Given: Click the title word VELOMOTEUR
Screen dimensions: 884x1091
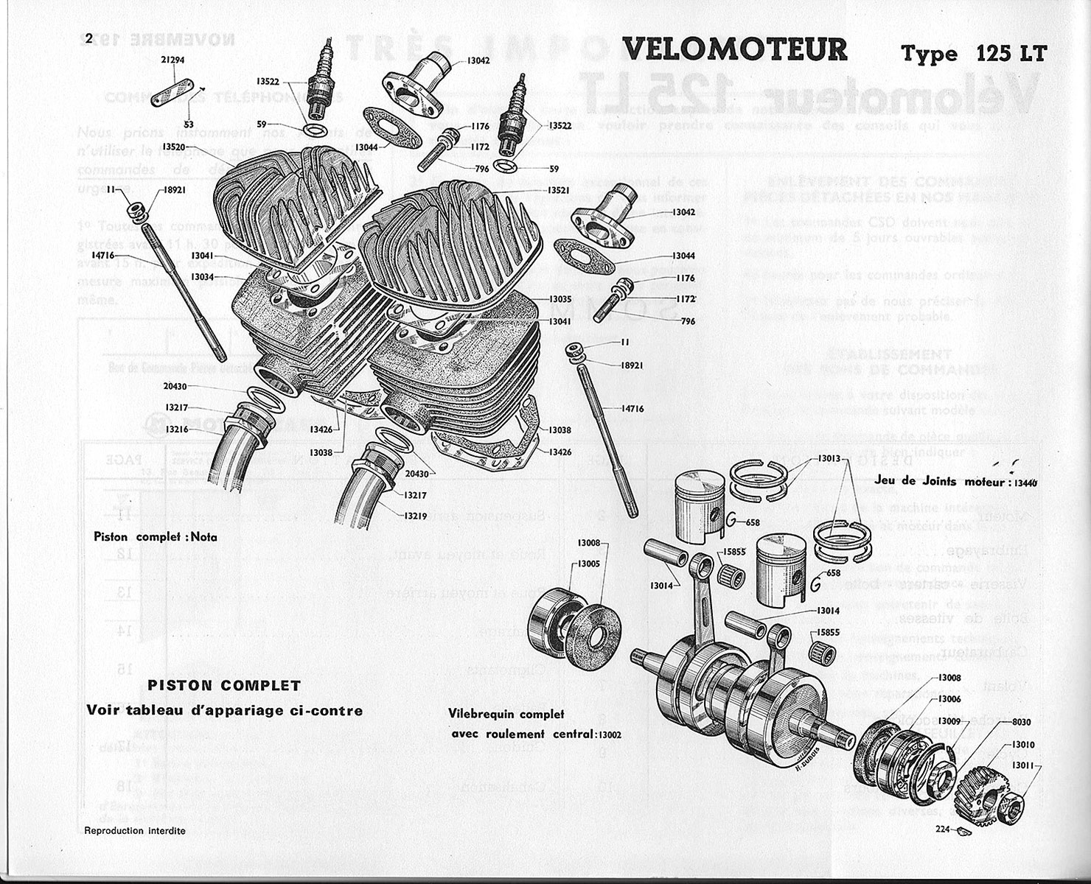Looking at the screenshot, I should click(735, 50).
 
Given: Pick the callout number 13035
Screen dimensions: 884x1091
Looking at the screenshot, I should click(560, 300).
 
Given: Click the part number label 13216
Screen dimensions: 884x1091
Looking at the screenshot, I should click(178, 429).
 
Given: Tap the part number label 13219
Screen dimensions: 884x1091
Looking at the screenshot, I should click(414, 516).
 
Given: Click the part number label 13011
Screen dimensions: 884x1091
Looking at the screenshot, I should click(1023, 766).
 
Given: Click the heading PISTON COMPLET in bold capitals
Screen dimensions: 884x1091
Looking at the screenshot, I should click(225, 685).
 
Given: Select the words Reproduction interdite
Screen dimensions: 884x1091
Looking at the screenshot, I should click(136, 831).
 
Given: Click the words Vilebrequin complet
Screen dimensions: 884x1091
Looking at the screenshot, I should click(506, 714).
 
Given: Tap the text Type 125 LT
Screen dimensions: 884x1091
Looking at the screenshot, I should click(973, 54).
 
